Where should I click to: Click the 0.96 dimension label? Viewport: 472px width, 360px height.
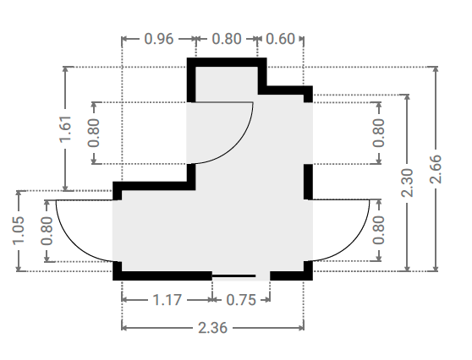tap(159, 39)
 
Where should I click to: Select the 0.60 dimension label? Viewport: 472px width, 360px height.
tap(281, 39)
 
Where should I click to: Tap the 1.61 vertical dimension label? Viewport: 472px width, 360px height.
tap(65, 128)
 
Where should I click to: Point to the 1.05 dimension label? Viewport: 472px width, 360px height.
tap(19, 231)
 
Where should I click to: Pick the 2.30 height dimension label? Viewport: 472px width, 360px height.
tap(407, 183)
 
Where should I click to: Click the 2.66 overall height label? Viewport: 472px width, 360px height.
tap(436, 169)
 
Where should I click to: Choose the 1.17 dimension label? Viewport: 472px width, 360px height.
tap(167, 300)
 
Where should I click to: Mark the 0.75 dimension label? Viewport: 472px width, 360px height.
tap(241, 300)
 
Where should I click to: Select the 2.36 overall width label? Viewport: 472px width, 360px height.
tap(213, 328)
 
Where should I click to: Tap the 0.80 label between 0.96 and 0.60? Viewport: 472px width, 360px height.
tap(227, 39)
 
